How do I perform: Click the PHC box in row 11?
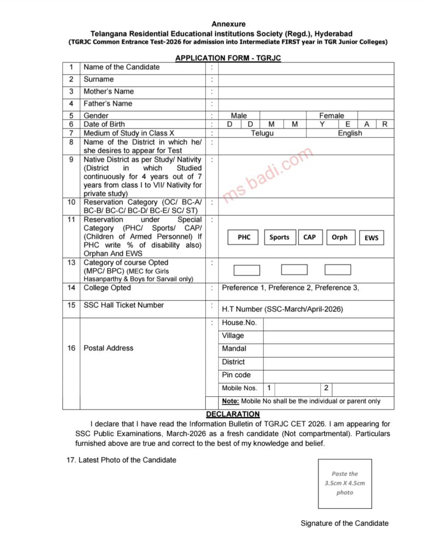pos(244,237)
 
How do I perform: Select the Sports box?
pos(280,237)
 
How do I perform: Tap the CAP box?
pos(310,237)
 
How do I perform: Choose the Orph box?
pos(340,237)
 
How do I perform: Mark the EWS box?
pos(371,237)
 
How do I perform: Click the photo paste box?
pos(345,484)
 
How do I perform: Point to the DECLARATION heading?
pos(233,414)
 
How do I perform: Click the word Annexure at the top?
pos(229,24)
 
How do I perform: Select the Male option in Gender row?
pos(239,116)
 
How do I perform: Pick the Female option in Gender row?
pos(332,116)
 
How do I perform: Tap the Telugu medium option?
pos(263,133)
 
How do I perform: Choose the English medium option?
pos(350,133)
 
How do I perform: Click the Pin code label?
pos(236,375)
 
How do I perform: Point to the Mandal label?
pos(234,348)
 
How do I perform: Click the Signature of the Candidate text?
pos(344,523)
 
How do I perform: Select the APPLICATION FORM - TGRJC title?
pos(228,58)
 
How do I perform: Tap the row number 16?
pos(72,348)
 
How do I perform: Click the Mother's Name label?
pos(109,91)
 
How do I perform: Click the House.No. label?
pos(239,323)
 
